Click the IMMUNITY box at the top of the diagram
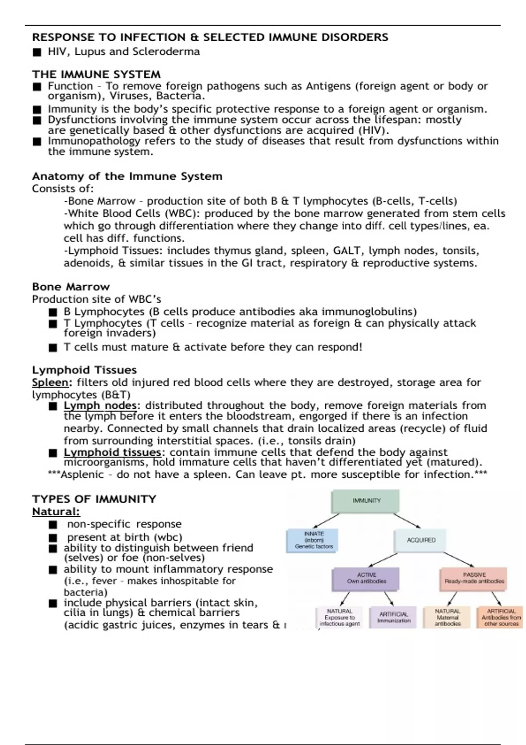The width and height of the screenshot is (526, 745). (x=366, y=501)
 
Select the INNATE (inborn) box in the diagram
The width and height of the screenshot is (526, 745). (x=312, y=540)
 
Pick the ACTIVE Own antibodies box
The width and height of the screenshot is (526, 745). (x=366, y=578)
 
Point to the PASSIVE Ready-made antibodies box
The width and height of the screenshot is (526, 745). (x=473, y=578)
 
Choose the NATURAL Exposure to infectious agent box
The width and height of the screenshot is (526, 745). (x=339, y=617)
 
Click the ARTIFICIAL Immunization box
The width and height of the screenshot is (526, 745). (x=393, y=617)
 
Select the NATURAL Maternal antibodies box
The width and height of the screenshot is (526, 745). (x=447, y=617)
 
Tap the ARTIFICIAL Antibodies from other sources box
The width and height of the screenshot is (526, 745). (x=501, y=617)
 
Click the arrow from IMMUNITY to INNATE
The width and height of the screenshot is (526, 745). (x=326, y=521)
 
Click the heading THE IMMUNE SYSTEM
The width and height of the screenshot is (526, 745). (x=96, y=74)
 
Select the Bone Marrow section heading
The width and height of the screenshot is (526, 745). (x=71, y=287)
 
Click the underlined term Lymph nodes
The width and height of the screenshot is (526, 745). (x=100, y=405)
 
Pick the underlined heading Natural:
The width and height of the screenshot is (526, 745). (x=56, y=511)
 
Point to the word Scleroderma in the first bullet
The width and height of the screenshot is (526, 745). (x=166, y=52)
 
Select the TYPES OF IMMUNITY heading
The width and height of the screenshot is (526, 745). (x=94, y=499)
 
